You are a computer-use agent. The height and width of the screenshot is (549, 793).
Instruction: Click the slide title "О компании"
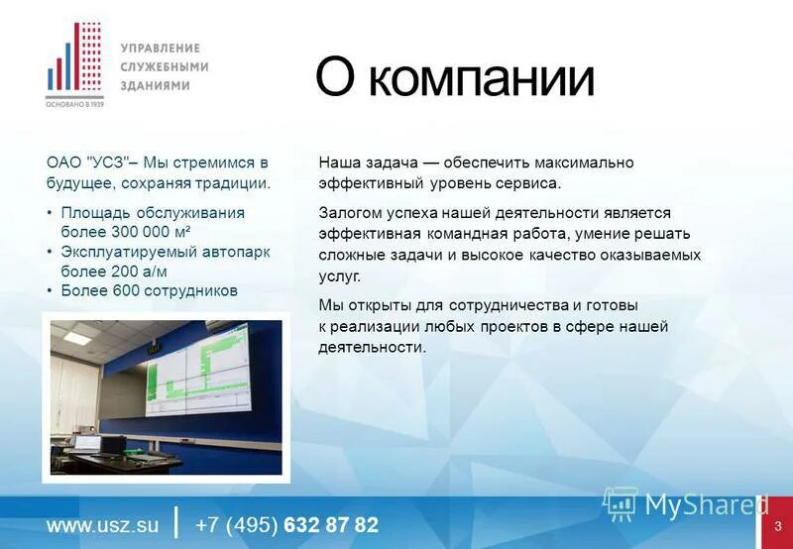(x=454, y=78)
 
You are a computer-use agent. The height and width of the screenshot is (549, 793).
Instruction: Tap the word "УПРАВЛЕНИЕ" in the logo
(x=160, y=48)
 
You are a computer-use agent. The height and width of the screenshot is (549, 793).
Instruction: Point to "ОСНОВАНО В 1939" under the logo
(x=74, y=103)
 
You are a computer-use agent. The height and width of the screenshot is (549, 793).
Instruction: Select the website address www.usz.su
(x=103, y=525)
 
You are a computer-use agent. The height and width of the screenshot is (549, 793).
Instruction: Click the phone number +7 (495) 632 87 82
(x=286, y=525)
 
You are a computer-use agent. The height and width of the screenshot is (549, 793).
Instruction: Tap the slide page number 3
(x=778, y=525)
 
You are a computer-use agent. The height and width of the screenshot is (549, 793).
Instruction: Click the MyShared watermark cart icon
(x=621, y=504)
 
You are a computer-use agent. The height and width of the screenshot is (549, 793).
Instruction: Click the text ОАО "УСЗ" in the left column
(x=85, y=163)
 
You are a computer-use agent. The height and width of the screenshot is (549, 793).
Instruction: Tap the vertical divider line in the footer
(x=176, y=522)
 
